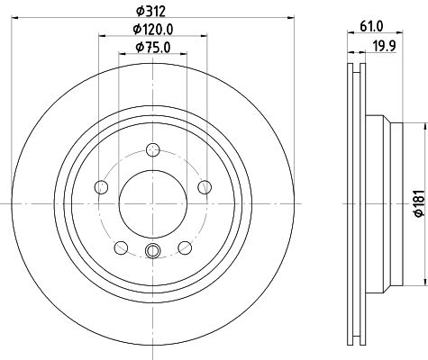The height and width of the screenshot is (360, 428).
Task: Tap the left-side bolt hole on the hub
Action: (101, 186)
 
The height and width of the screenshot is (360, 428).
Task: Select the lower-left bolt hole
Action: (120, 247)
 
